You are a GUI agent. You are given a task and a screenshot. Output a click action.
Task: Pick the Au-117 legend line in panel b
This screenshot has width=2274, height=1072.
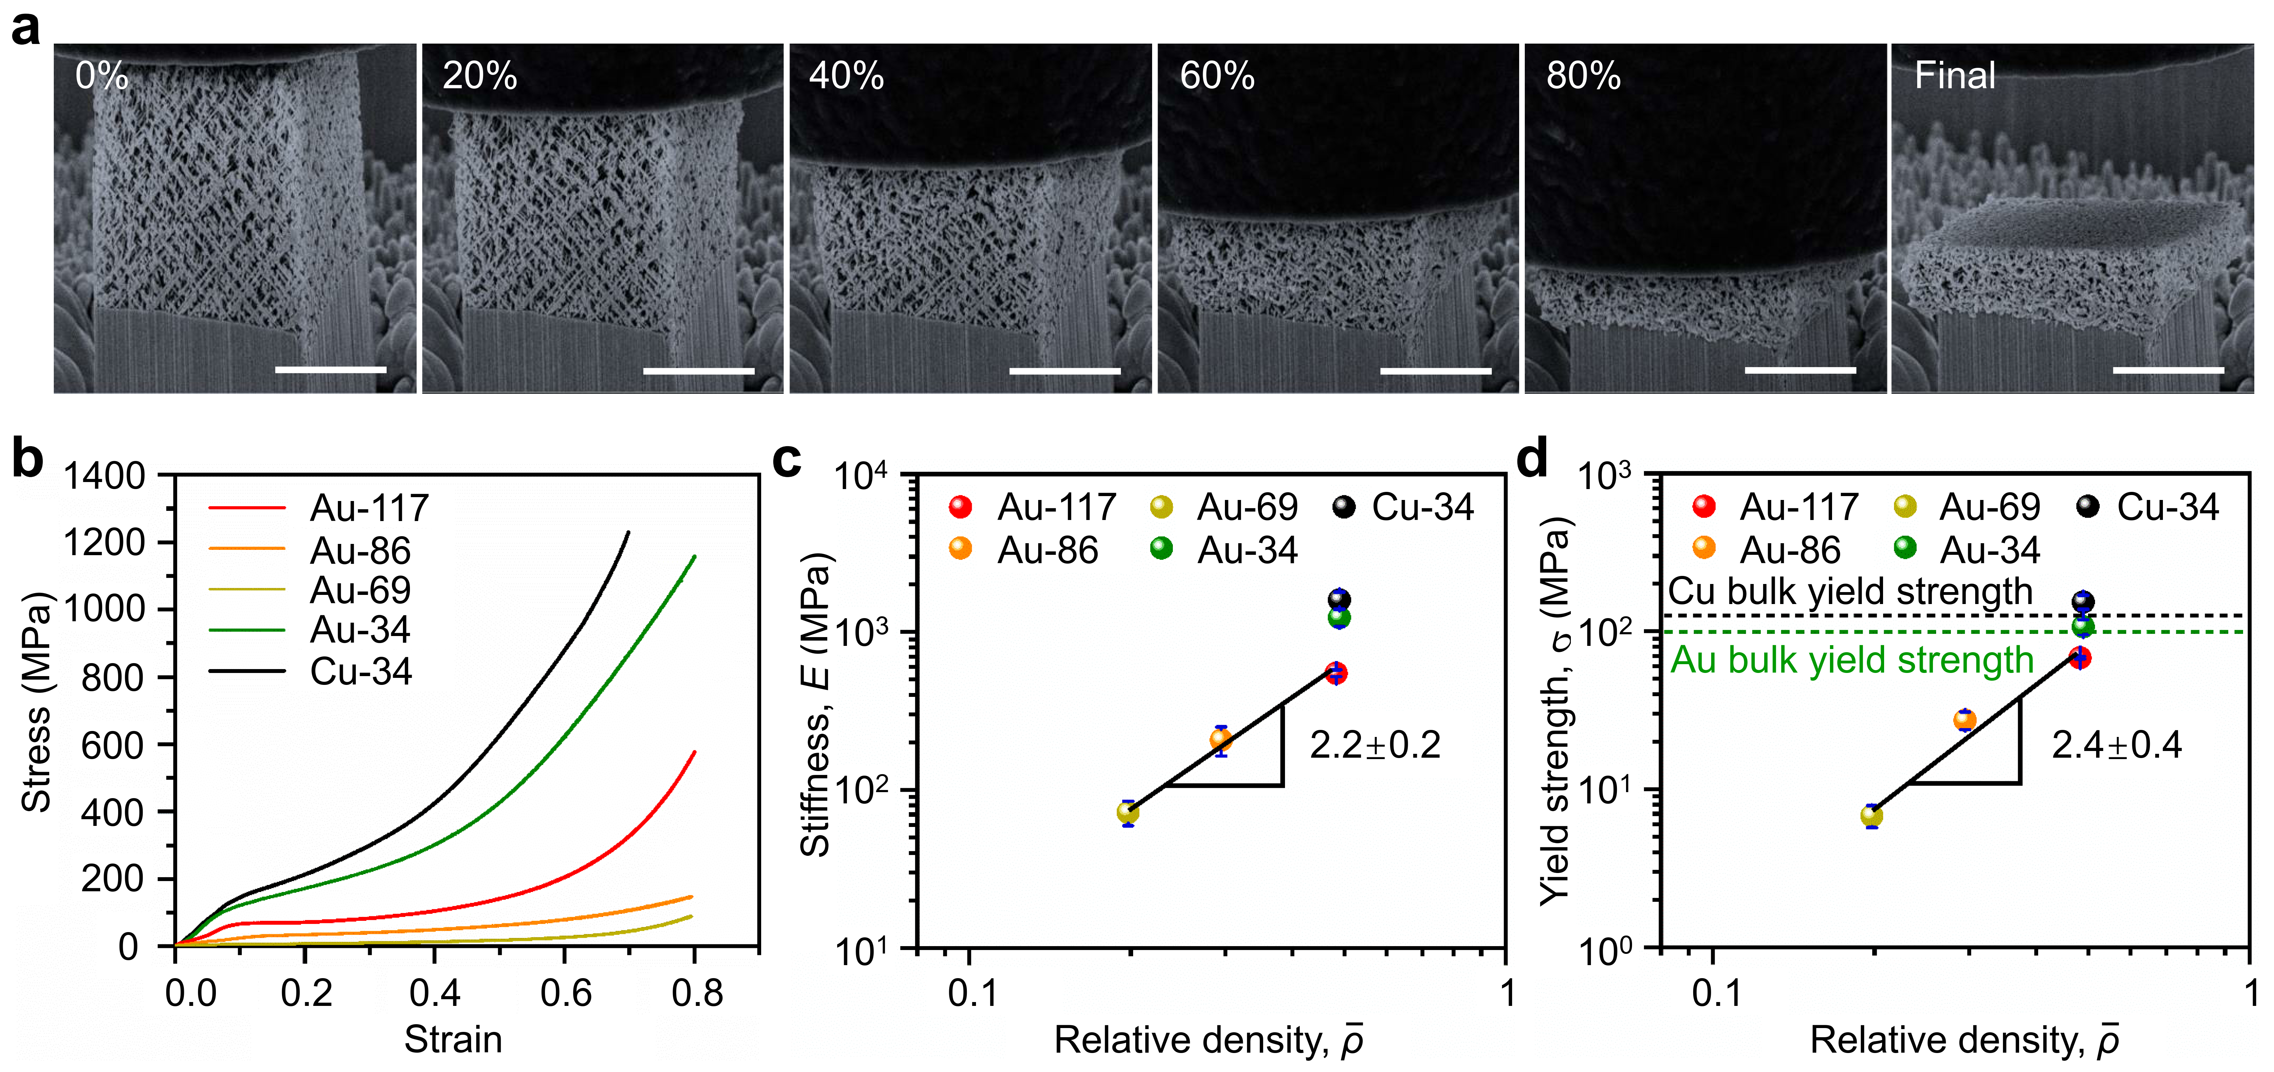(247, 508)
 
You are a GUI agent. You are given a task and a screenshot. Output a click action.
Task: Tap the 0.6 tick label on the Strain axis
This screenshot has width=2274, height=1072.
(565, 993)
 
